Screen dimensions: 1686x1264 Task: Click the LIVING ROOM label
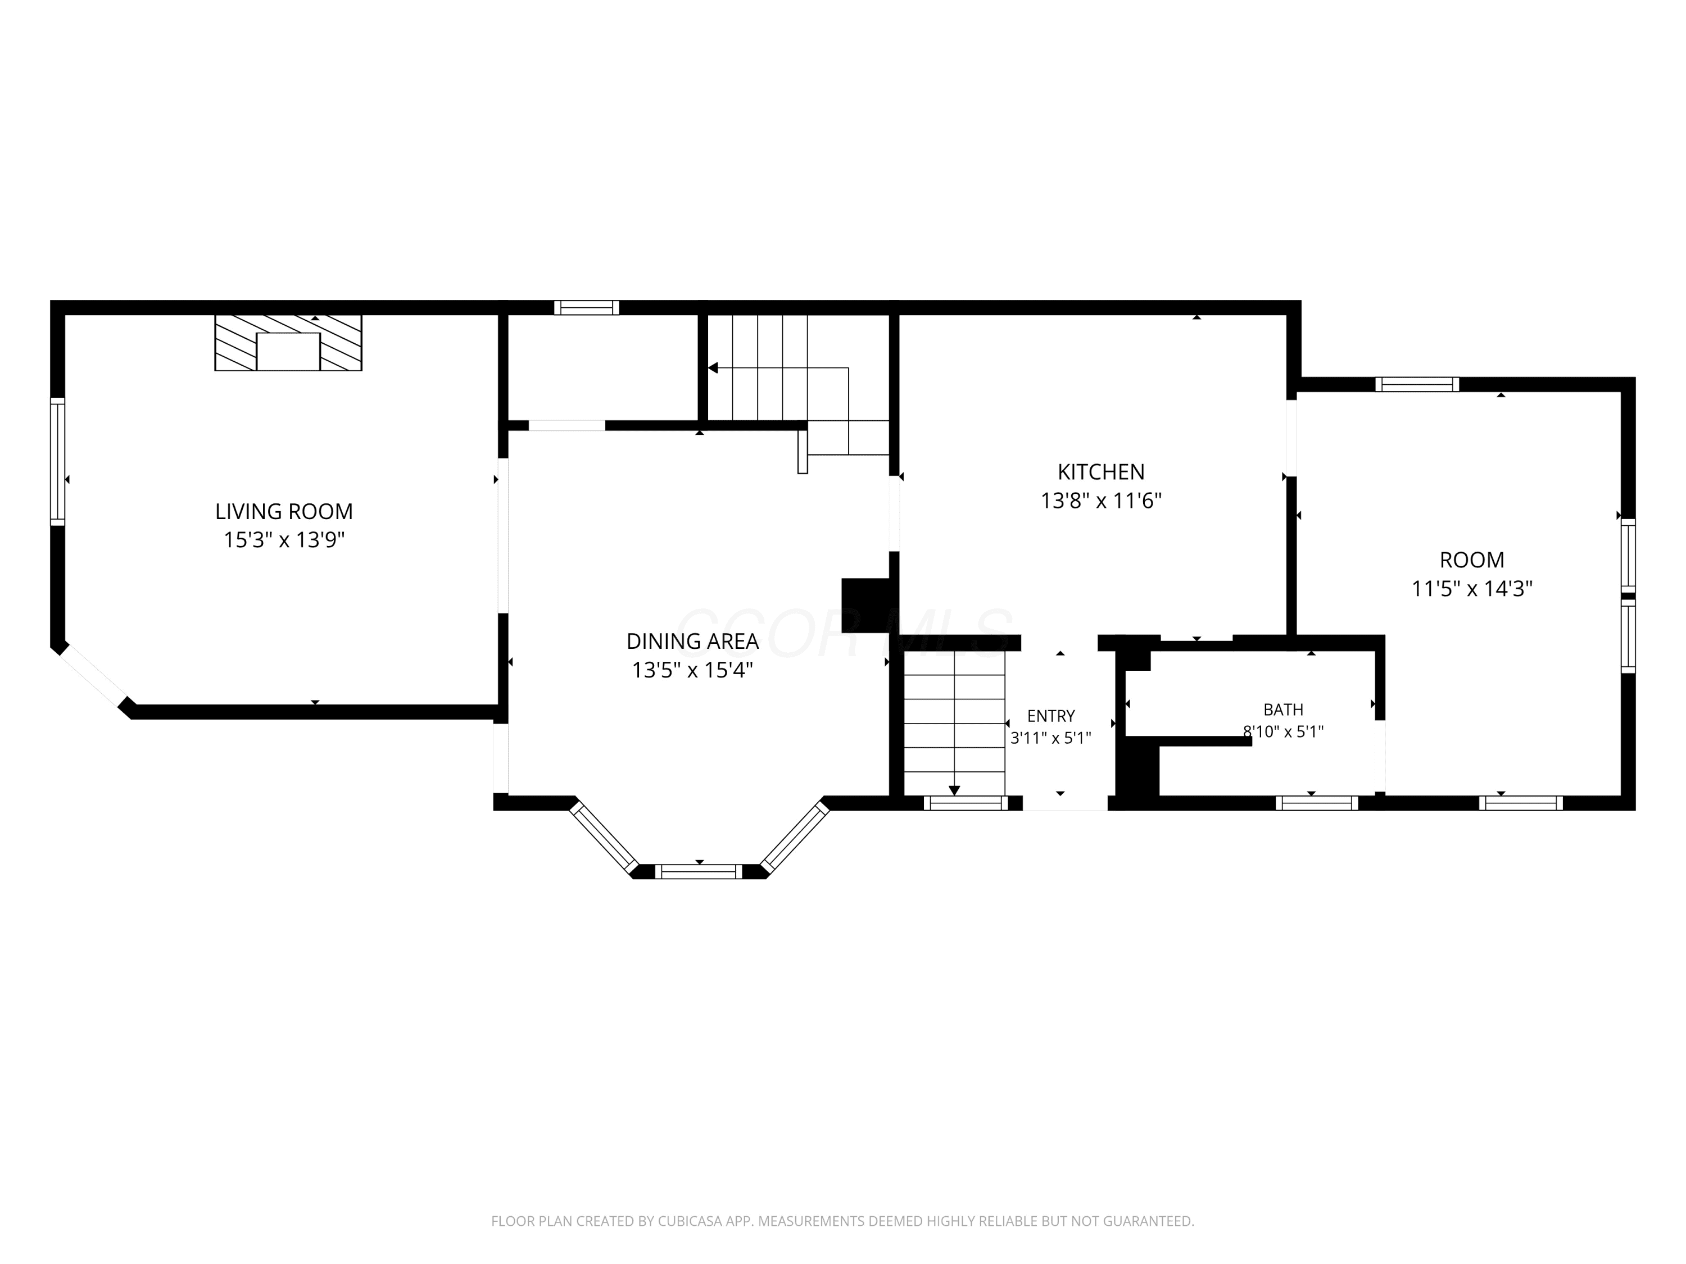pyautogui.click(x=284, y=511)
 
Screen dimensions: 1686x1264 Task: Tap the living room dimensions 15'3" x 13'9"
pyautogui.click(x=284, y=540)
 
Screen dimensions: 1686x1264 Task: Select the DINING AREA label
pyautogui.click(x=692, y=642)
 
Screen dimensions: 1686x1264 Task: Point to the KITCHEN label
pyautogui.click(x=1100, y=472)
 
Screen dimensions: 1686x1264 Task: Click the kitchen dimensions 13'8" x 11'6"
pyautogui.click(x=1100, y=501)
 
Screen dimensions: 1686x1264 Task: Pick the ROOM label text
pyautogui.click(x=1471, y=560)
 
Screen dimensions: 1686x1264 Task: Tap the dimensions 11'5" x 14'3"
pyautogui.click(x=1471, y=589)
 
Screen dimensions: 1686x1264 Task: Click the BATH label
pyautogui.click(x=1283, y=710)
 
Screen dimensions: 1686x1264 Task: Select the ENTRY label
pyautogui.click(x=1050, y=716)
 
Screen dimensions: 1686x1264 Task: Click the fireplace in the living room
pyautogui.click(x=288, y=343)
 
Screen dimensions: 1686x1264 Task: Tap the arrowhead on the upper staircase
pyautogui.click(x=713, y=368)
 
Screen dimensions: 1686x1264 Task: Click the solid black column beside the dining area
pyautogui.click(x=865, y=606)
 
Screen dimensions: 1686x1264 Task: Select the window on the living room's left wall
pyautogui.click(x=57, y=461)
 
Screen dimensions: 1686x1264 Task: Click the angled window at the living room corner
pyautogui.click(x=93, y=676)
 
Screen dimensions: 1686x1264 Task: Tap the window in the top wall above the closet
pyautogui.click(x=586, y=308)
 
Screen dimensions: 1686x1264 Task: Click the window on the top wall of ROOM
pyautogui.click(x=1417, y=384)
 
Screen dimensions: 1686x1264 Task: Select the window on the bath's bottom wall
pyautogui.click(x=1316, y=803)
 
